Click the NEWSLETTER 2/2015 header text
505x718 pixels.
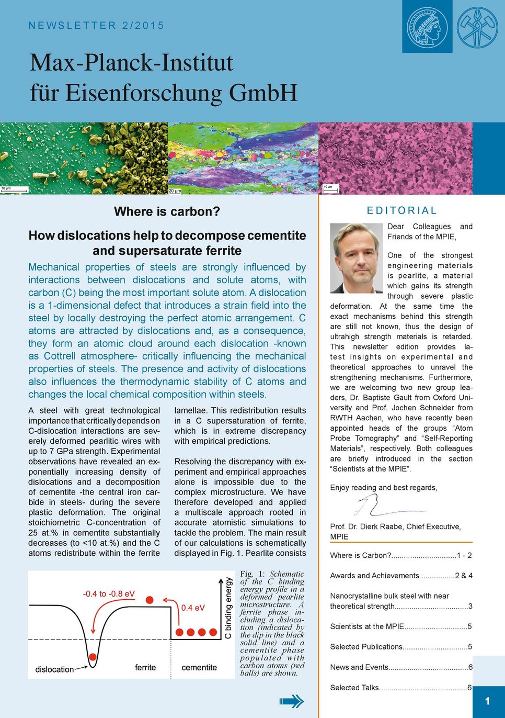[96, 26]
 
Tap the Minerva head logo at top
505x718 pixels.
[427, 27]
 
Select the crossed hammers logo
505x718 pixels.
[477, 27]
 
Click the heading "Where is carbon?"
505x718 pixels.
[167, 211]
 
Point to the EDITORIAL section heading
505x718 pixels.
[401, 210]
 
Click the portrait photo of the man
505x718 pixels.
[357, 258]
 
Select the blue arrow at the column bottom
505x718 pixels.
[292, 701]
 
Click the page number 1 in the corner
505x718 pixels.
[487, 701]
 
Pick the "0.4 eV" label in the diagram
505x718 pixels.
[193, 608]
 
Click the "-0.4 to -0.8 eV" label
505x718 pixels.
[109, 594]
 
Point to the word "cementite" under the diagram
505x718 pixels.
[199, 668]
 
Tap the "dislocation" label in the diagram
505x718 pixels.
[54, 669]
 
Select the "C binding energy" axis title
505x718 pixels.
[228, 608]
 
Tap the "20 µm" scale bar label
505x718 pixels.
[175, 191]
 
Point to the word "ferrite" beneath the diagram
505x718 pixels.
[145, 668]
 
